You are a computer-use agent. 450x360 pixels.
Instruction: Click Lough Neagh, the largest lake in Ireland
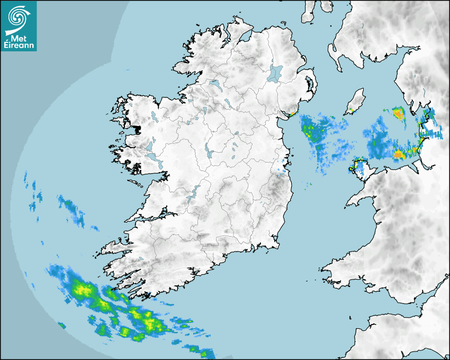pos(275,73)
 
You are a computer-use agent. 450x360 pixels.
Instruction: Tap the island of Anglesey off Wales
pos(362,168)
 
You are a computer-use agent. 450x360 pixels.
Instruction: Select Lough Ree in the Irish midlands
pos(209,152)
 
